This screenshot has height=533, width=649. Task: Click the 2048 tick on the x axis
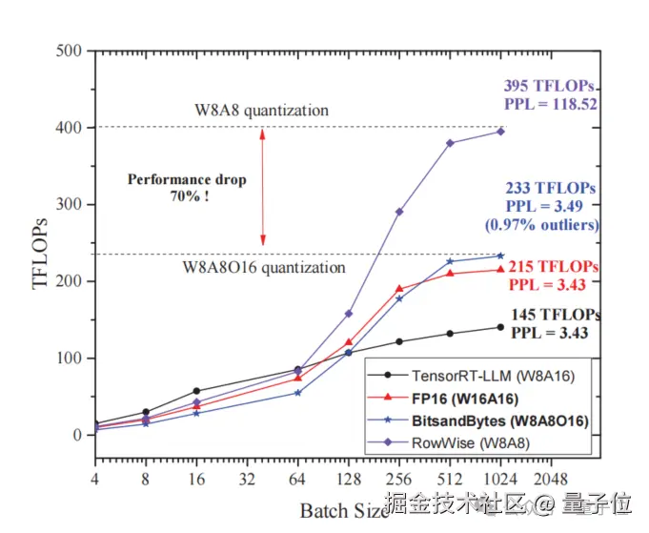tap(551, 478)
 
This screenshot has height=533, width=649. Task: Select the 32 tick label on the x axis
tap(246, 478)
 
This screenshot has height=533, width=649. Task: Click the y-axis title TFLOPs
tap(41, 243)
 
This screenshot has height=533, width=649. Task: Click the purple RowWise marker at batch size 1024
tap(500, 131)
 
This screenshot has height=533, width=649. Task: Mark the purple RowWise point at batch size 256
tap(399, 212)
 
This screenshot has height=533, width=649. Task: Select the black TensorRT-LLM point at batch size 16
tap(196, 391)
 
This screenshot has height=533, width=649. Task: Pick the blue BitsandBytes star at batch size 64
tap(297, 392)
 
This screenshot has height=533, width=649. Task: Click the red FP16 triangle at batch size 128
tap(349, 341)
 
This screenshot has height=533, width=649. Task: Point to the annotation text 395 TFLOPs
tap(550, 87)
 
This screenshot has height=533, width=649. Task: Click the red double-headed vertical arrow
tap(263, 186)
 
